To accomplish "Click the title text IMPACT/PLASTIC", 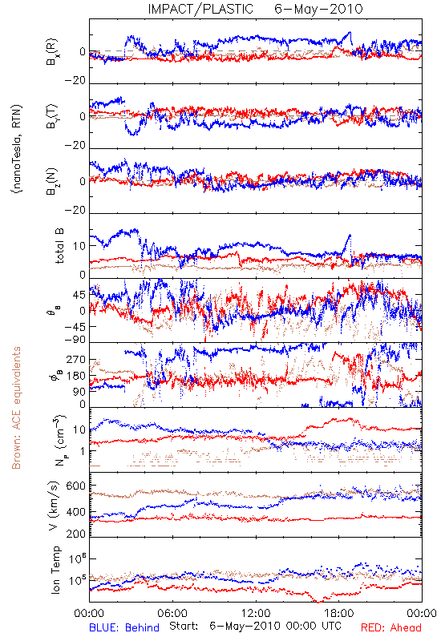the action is [200, 9].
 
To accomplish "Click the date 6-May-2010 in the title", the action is [318, 9].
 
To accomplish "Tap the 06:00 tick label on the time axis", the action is [172, 613].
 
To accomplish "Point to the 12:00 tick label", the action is [256, 613].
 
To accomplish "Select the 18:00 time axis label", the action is [338, 613].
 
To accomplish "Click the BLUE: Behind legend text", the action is [124, 627].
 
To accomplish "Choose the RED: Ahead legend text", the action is [391, 627].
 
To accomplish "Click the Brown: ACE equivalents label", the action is [16, 408].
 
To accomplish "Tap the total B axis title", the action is [59, 246].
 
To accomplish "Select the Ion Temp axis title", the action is [55, 570].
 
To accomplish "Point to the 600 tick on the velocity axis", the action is [76, 486].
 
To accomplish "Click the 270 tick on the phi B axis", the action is [76, 359].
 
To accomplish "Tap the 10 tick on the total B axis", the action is [79, 246].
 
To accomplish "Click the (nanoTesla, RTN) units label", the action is [17, 149].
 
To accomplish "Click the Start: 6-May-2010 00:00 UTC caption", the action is [255, 626].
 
